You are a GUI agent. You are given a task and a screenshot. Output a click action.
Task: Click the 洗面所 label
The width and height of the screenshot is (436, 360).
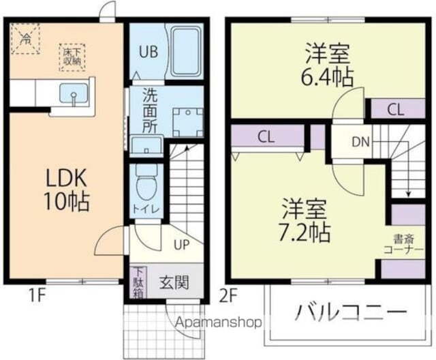[x=150, y=111]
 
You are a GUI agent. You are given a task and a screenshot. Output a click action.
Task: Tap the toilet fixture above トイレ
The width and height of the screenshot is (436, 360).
[x=146, y=181]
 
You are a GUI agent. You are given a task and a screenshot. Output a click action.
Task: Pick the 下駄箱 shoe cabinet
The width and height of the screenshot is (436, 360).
[x=138, y=280]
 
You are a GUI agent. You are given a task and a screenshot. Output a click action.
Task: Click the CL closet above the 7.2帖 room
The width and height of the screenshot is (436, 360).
[x=266, y=136]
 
